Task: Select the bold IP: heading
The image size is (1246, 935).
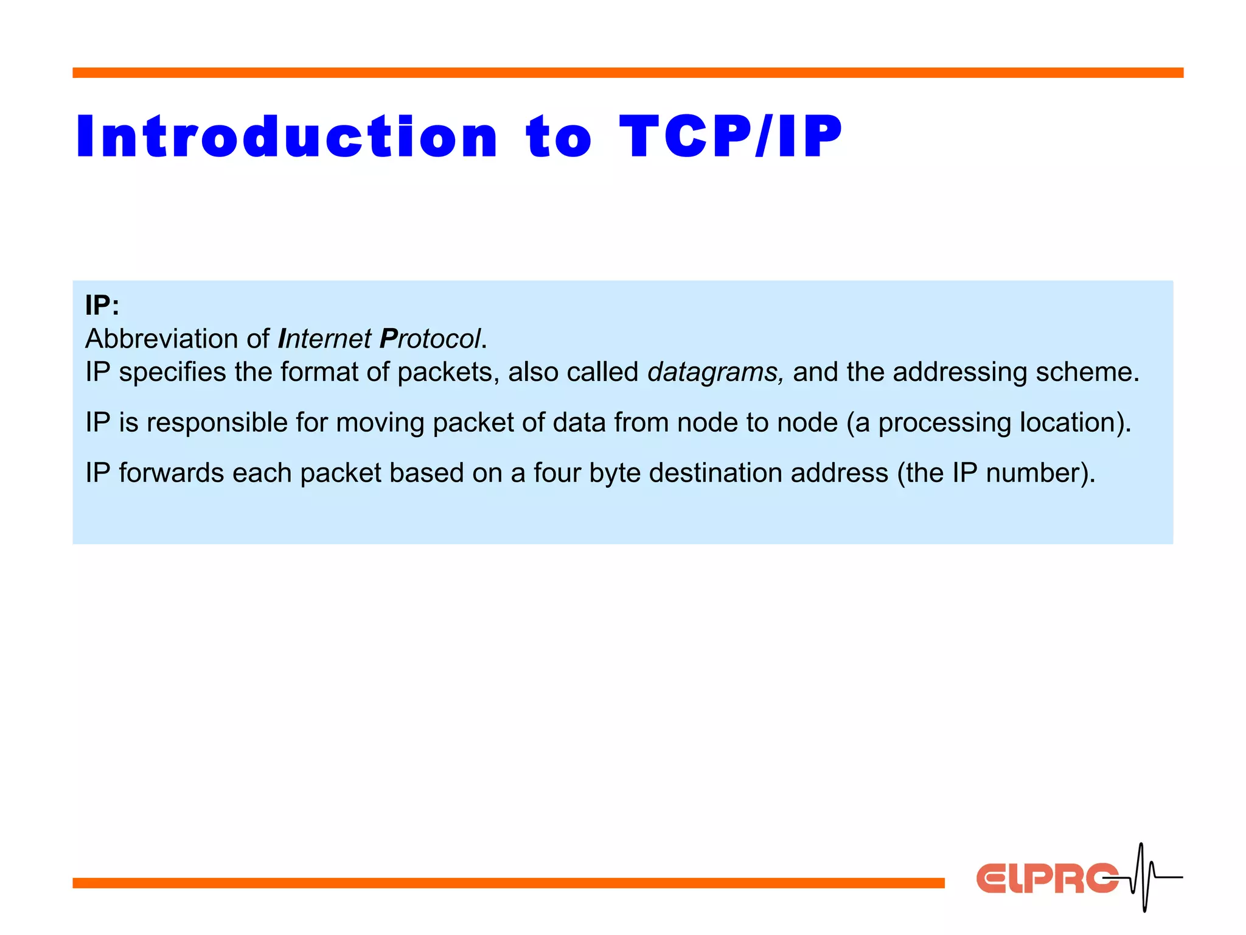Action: tap(102, 305)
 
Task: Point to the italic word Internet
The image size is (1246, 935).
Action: tap(324, 339)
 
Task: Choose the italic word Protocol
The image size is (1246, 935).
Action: tap(430, 339)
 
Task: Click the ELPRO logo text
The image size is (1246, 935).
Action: tap(1046, 878)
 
